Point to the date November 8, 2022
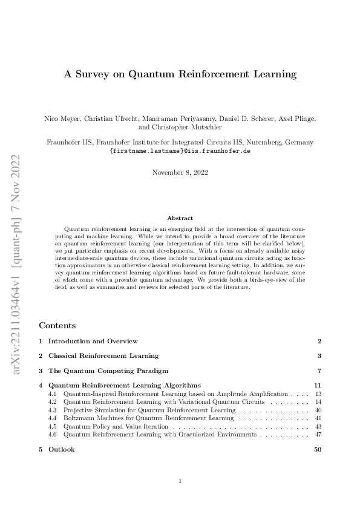click(180, 172)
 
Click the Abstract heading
click(180, 218)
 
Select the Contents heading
click(57, 325)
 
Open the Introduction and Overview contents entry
click(93, 342)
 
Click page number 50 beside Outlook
click(317, 449)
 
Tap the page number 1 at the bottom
click(180, 481)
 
